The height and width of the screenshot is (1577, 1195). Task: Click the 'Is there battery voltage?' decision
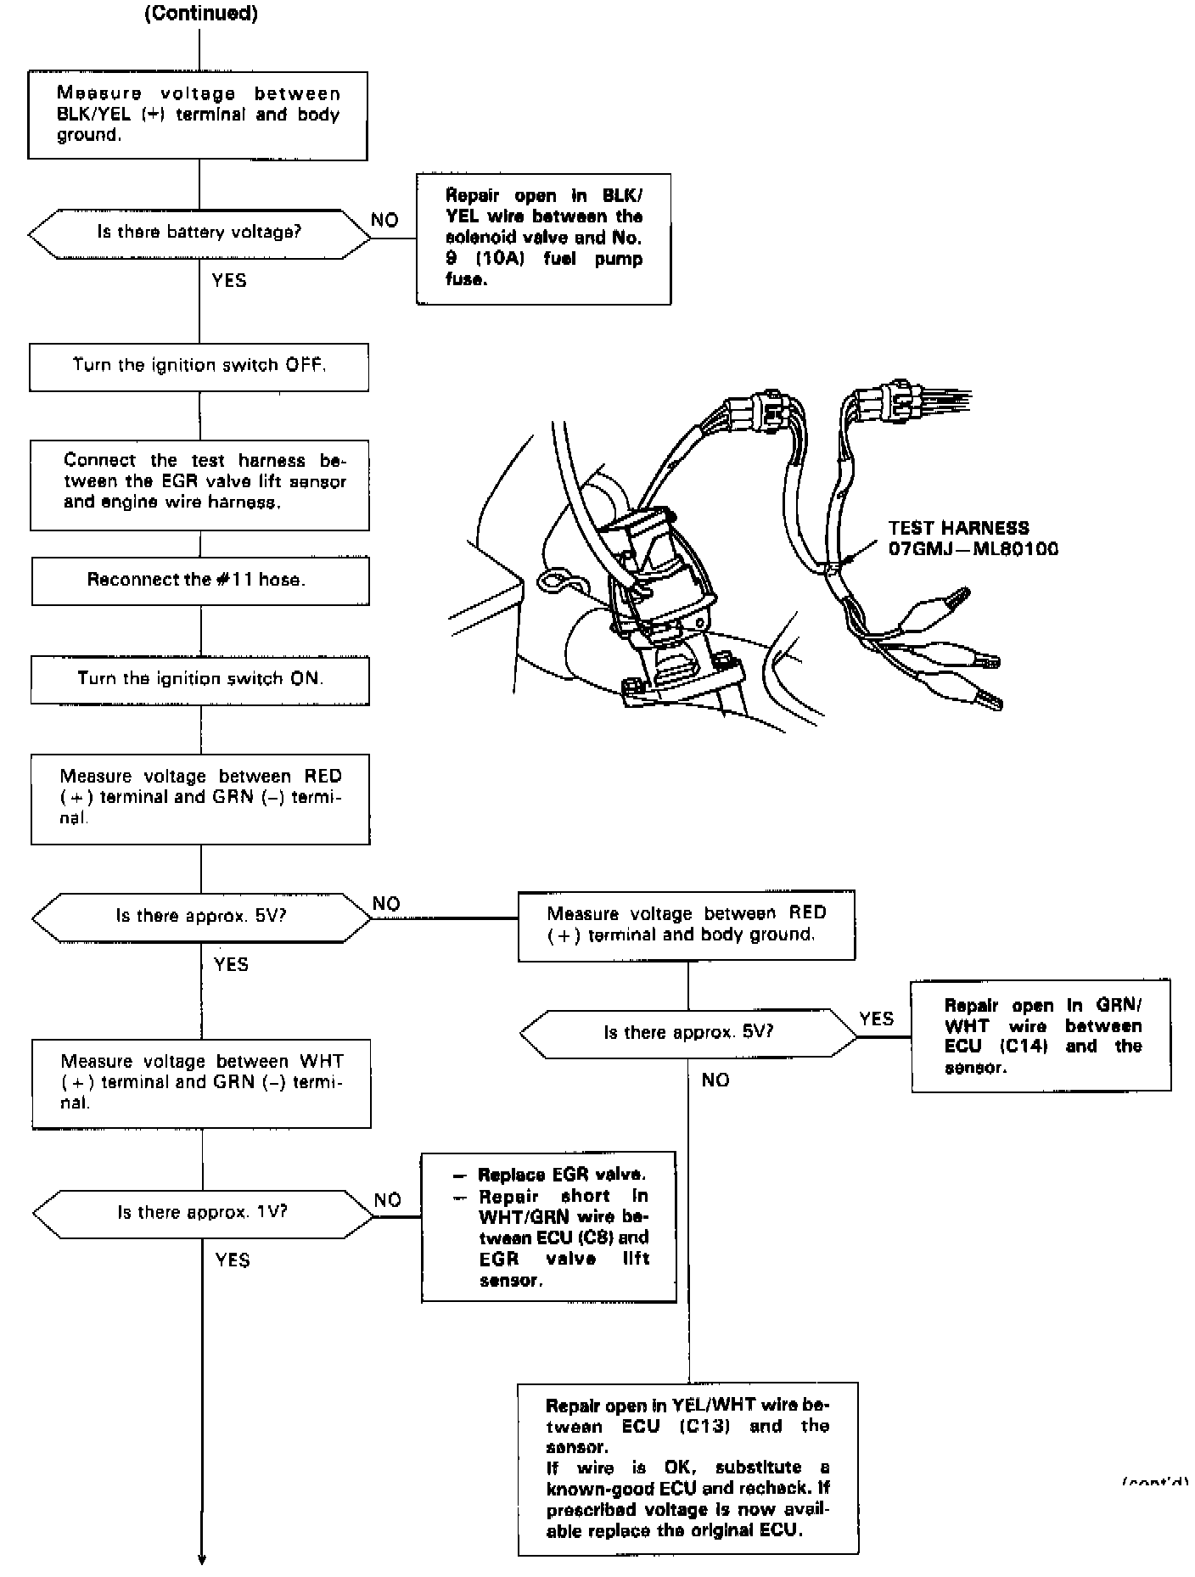pos(199,233)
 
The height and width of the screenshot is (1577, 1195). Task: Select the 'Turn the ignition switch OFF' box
pos(199,367)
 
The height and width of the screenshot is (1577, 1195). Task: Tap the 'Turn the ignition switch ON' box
pos(200,679)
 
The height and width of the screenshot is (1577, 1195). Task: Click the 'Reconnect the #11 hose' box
pos(200,581)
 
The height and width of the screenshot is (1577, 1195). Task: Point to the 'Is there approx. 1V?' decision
pos(202,1212)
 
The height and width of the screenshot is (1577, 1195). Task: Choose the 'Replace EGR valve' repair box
pos(548,1226)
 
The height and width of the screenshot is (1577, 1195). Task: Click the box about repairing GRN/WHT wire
pos(1041,1035)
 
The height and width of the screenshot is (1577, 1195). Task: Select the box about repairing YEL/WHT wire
pos(687,1469)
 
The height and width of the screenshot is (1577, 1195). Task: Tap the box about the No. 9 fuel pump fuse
pos(543,239)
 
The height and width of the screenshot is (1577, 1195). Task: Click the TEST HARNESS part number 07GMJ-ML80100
pos(973,548)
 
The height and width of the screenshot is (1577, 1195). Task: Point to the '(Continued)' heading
pos(201,14)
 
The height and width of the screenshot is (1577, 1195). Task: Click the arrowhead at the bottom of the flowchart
pos(202,1557)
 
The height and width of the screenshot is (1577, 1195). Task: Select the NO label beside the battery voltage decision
pos(384,221)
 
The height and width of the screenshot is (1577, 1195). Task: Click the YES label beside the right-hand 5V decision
pos(876,1019)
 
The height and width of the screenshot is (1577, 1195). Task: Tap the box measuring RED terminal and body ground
pos(687,925)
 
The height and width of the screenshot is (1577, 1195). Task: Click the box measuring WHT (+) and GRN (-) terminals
pos(201,1083)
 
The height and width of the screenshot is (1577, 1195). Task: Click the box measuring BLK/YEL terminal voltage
pos(198,115)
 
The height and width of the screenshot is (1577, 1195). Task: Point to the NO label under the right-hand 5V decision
pos(715,1080)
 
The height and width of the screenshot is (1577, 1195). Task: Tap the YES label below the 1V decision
pos(233,1260)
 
